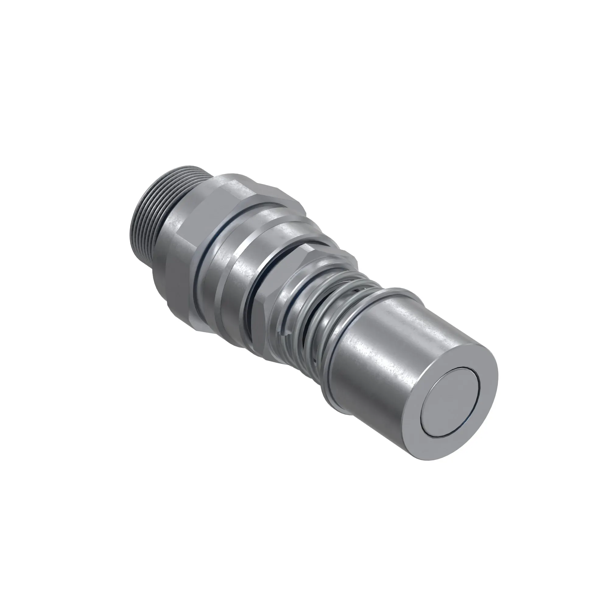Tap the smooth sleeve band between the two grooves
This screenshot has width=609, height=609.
coord(230,284)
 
